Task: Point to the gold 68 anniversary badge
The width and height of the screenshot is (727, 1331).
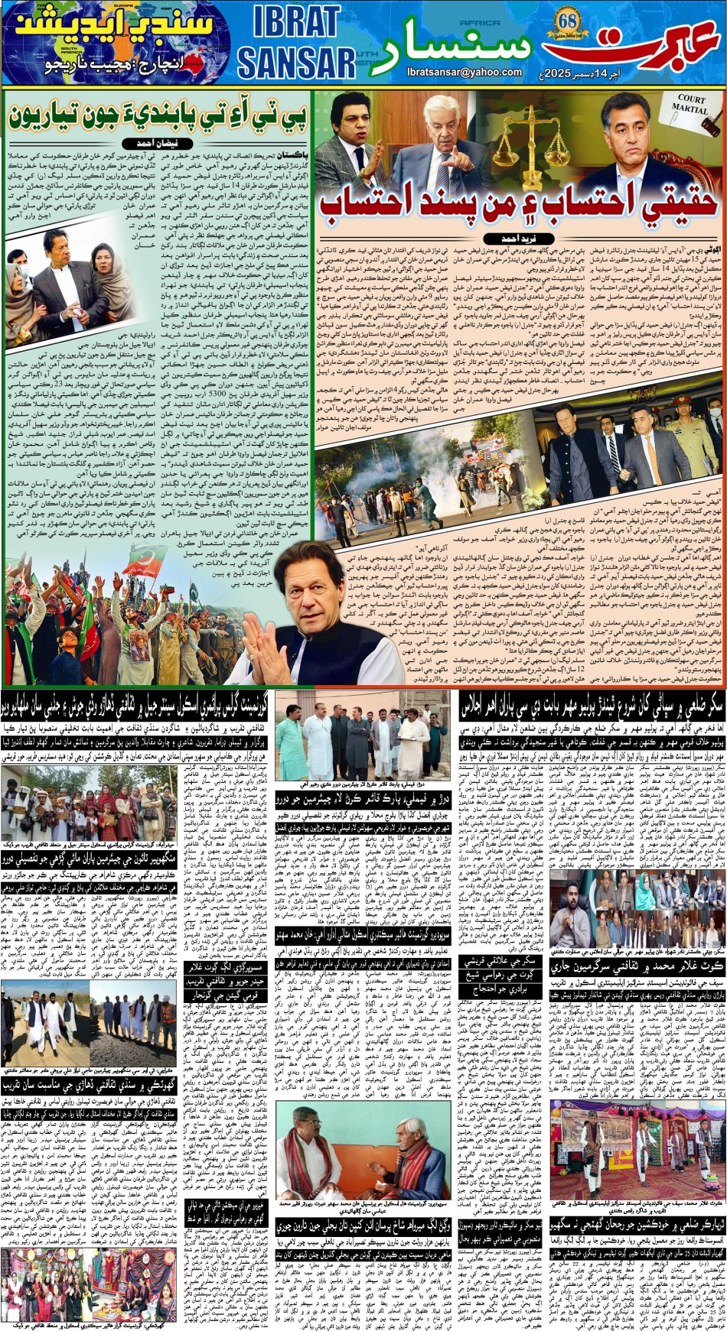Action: click(x=568, y=21)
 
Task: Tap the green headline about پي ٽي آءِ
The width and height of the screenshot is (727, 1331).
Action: click(x=157, y=116)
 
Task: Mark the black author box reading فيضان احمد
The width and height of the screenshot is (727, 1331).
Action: click(x=157, y=144)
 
